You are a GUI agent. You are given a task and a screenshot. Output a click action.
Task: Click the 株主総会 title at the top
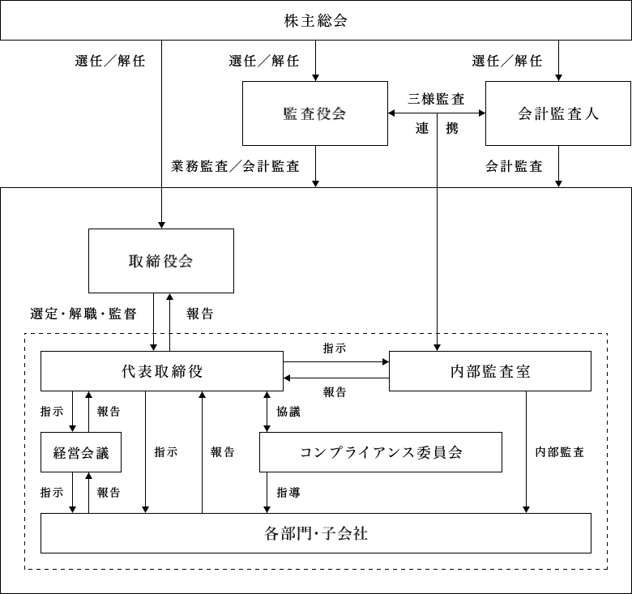[315, 21]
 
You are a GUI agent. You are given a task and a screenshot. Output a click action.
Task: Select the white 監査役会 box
[314, 113]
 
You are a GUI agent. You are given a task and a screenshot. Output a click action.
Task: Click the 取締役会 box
[160, 261]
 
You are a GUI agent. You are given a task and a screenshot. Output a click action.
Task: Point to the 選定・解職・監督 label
[82, 314]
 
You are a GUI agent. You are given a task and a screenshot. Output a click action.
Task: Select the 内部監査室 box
[489, 371]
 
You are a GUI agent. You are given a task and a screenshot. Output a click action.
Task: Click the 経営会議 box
[81, 452]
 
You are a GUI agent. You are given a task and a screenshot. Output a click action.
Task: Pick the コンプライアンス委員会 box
[380, 452]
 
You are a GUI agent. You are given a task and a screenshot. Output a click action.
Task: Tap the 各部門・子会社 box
[315, 533]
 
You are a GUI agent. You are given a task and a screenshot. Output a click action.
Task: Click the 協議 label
[288, 412]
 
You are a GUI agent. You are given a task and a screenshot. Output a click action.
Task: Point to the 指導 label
[288, 492]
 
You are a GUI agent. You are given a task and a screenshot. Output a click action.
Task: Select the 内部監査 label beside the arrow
[560, 452]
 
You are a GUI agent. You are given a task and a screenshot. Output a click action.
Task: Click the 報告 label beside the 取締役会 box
[199, 314]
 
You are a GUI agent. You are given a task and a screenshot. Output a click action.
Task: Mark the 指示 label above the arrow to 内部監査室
[335, 348]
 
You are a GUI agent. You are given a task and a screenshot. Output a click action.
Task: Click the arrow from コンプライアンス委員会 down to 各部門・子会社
[267, 493]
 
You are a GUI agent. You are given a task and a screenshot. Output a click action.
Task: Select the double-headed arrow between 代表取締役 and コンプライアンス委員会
[267, 412]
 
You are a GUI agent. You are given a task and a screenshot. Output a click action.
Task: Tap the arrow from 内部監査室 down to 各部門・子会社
[527, 452]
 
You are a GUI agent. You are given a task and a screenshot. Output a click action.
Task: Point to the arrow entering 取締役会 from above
[162, 208]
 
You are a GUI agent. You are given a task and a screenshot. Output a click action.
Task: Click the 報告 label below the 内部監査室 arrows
[335, 392]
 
